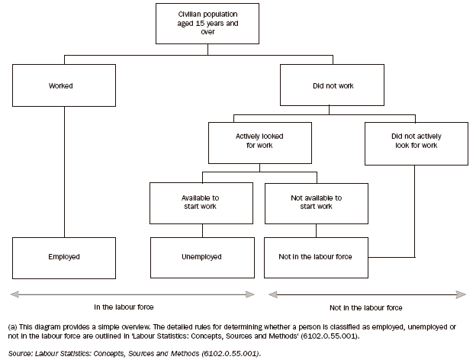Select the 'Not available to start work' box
tap(317, 202)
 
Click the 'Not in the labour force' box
tap(317, 257)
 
